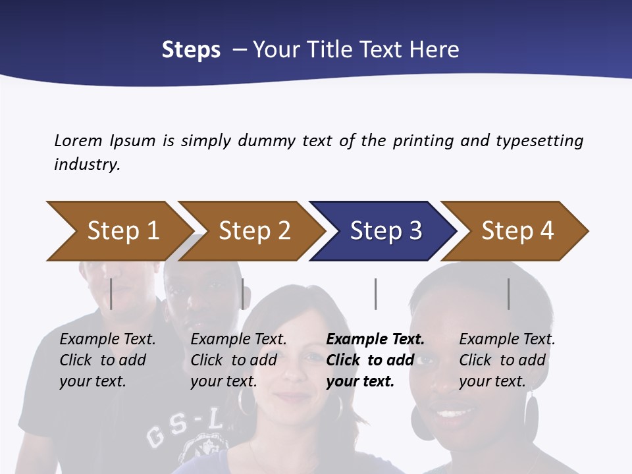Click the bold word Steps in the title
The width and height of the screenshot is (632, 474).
(191, 50)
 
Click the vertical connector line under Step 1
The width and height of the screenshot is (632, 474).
(111, 294)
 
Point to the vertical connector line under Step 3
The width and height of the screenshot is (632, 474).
(375, 294)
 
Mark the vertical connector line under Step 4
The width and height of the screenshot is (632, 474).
(508, 294)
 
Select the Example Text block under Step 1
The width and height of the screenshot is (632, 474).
(107, 360)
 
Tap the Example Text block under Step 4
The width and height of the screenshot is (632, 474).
(507, 360)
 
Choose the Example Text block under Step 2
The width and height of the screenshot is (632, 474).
(238, 360)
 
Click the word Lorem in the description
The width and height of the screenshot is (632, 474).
(78, 141)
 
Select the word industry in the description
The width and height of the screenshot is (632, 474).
(87, 165)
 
